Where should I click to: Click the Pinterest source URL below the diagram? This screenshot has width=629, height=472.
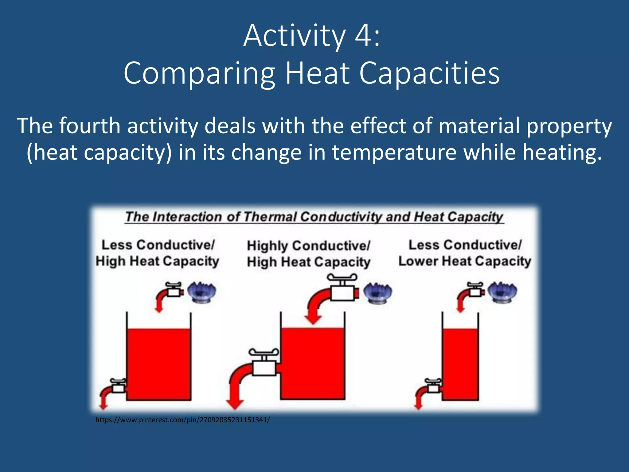(x=182, y=420)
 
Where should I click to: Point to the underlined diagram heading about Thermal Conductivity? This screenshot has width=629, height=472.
(x=314, y=217)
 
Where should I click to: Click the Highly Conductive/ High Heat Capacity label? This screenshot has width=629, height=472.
(x=308, y=254)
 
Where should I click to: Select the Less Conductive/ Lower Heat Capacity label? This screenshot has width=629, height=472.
(x=465, y=253)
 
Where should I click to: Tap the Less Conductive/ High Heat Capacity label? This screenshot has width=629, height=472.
(x=157, y=253)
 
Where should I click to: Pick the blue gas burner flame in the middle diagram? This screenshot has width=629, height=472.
(x=377, y=293)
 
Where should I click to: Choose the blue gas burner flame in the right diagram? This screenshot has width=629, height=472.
(x=502, y=292)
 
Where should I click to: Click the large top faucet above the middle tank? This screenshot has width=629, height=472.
(x=342, y=289)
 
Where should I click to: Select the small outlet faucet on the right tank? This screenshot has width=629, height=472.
(x=433, y=387)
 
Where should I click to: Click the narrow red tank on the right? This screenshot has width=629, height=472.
(x=460, y=364)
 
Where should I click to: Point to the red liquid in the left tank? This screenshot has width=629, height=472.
(x=158, y=364)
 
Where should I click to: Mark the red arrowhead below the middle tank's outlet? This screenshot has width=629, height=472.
(x=235, y=404)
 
